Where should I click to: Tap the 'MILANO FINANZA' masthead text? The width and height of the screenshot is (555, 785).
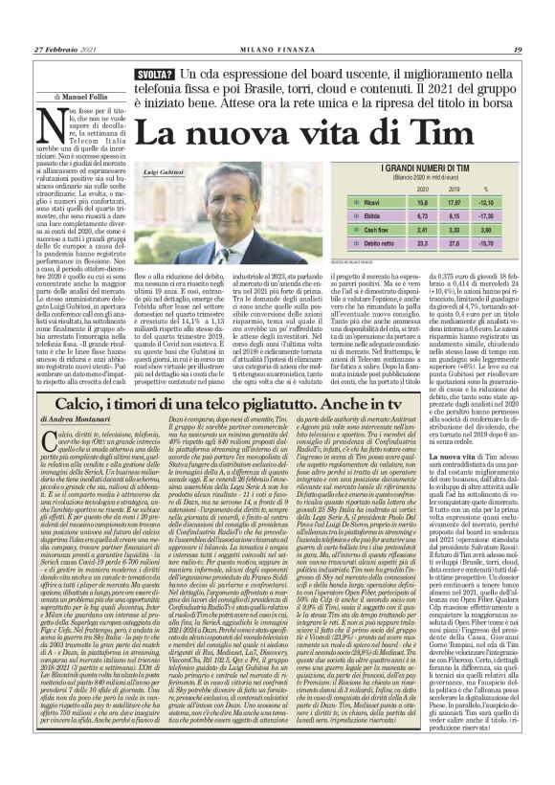pos(277,51)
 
